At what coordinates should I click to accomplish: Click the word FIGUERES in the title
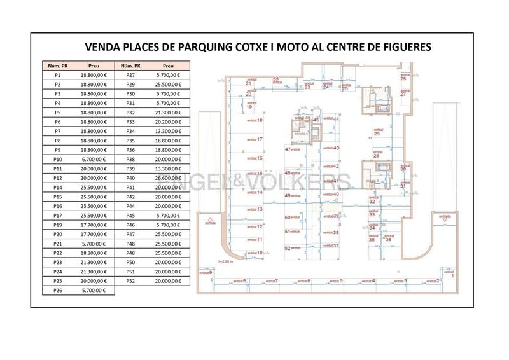402,47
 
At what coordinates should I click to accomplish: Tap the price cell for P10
94,159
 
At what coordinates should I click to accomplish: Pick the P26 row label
57,290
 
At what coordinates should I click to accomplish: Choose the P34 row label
131,131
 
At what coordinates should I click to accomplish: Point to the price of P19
94,225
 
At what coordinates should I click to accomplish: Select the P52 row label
131,280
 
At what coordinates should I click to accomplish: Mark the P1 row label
57,75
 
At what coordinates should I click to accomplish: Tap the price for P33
168,121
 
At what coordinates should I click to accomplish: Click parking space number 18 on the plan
260,120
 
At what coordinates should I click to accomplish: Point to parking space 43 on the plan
336,148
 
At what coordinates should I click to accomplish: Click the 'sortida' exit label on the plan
208,223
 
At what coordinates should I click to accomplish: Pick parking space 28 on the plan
377,133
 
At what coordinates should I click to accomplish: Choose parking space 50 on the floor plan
288,218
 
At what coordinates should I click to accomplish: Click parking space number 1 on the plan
452,275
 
